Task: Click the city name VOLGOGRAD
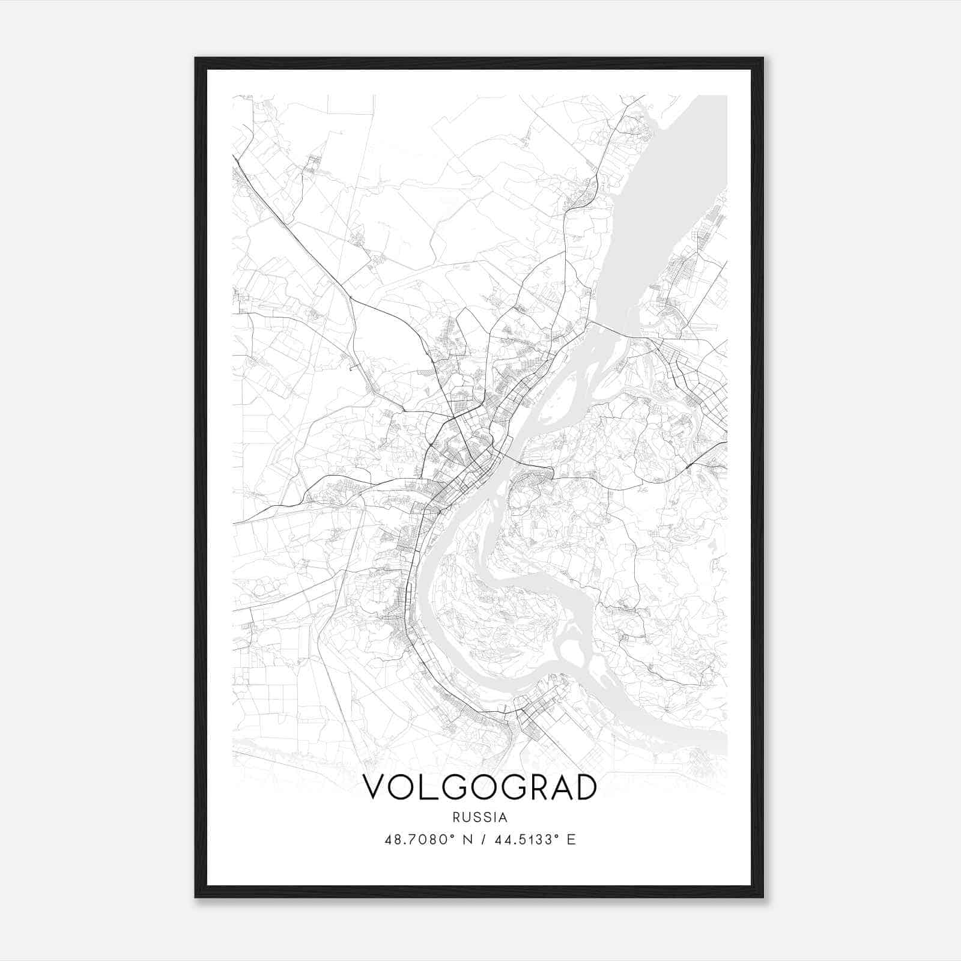click(480, 787)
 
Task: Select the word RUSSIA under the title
click(480, 817)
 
